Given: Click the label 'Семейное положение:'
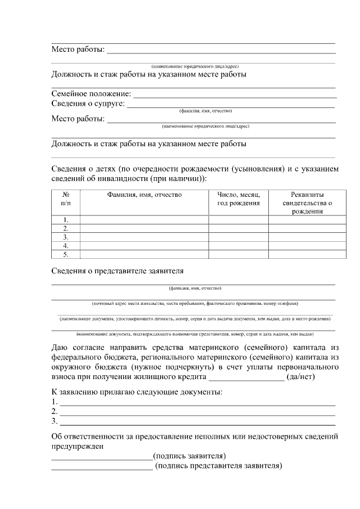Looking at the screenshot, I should tap(91, 94).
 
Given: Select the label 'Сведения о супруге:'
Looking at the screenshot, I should tap(88, 103).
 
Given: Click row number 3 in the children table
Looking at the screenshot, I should tap(66, 237).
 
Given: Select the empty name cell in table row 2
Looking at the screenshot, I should tap(145, 229).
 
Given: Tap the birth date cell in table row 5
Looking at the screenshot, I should tap(238, 255).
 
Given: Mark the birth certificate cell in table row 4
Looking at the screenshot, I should tap(307, 246).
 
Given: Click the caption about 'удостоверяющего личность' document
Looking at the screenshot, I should tap(195, 319).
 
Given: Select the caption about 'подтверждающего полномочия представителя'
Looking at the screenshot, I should tap(195, 334).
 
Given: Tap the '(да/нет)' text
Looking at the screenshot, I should tap(304, 376).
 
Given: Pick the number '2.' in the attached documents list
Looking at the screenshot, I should tap(55, 412).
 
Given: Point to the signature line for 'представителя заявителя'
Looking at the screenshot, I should tap(101, 468).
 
